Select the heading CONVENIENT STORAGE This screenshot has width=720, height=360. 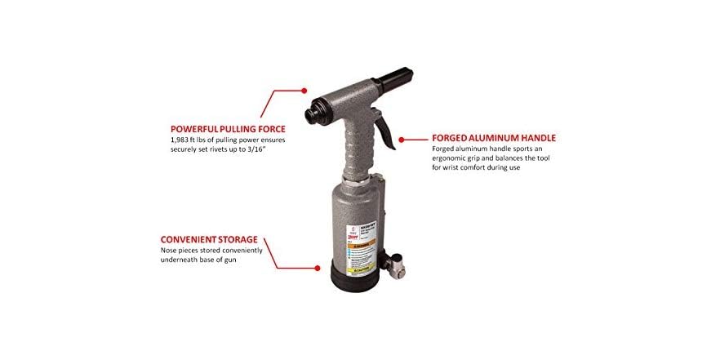point(214,240)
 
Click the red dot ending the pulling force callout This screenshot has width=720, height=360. point(304,91)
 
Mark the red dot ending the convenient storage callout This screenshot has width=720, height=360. point(317,266)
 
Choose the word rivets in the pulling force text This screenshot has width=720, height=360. point(236,150)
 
